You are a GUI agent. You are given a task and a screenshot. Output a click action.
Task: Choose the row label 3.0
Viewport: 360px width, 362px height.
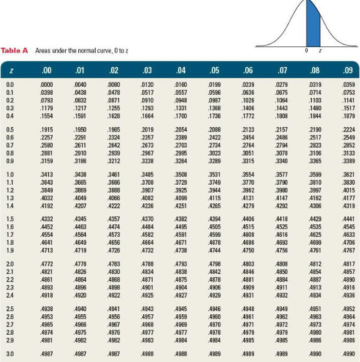pos(9,353)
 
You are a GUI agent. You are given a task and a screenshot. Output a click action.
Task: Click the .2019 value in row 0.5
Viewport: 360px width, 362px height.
pos(147,127)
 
